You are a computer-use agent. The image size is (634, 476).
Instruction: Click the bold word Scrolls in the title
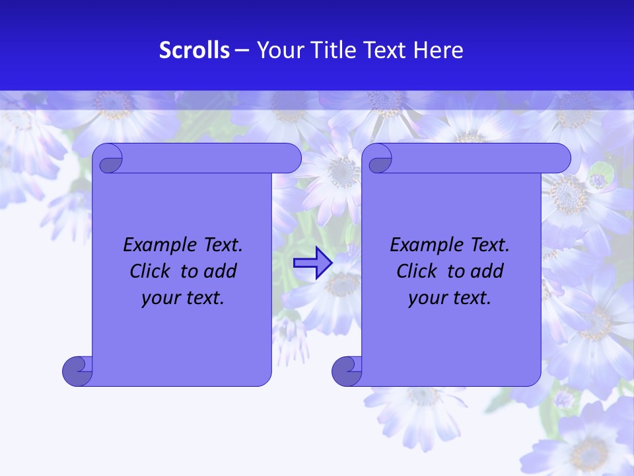point(194,50)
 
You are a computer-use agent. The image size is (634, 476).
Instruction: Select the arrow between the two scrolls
point(312,263)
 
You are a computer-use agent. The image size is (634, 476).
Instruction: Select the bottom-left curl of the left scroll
point(78,371)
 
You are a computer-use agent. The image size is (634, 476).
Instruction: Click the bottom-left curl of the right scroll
point(347,371)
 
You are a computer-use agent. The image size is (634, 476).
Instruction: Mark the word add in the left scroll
point(221,272)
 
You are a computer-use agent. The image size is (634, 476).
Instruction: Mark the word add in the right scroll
point(488,272)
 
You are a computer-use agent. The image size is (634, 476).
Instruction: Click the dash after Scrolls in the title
point(242,50)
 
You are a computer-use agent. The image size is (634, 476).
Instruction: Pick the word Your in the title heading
point(278,50)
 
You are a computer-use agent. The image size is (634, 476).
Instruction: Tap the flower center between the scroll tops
point(341,172)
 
